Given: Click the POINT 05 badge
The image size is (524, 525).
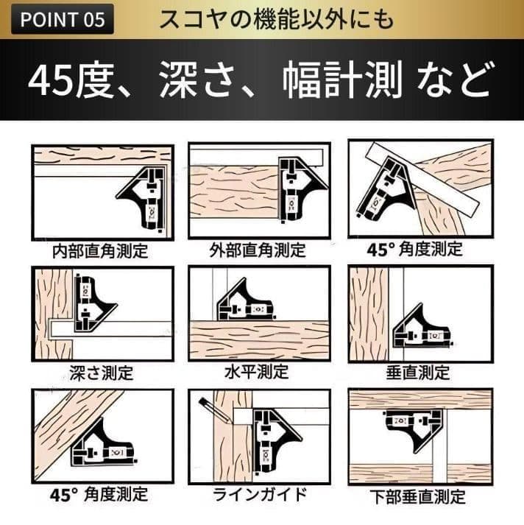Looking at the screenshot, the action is point(63,19).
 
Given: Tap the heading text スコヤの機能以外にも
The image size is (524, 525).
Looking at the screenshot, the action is point(277,19).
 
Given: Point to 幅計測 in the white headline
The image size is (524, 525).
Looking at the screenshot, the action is point(342,80).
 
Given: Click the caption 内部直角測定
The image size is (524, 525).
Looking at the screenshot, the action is point(100,251).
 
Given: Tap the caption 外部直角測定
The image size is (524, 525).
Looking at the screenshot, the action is point(258,250).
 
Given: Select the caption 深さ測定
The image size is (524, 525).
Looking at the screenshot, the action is point(102,373).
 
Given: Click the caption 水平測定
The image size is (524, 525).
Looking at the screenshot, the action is point(257,372).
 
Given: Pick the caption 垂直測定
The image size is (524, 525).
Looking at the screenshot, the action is point(418,373).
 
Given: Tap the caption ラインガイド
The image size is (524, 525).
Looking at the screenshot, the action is point(260,494).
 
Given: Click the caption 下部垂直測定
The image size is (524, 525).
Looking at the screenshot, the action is point(418,496).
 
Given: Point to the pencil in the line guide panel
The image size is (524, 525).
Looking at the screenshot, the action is point(214,410).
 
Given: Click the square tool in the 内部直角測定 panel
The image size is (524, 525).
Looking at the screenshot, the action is point(142,198).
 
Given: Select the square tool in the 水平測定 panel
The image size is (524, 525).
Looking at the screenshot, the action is point(247,303).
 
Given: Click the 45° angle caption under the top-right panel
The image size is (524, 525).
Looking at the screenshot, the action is point(415,249).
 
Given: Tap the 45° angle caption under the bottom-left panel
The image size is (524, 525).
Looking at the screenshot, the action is point(99,495).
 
